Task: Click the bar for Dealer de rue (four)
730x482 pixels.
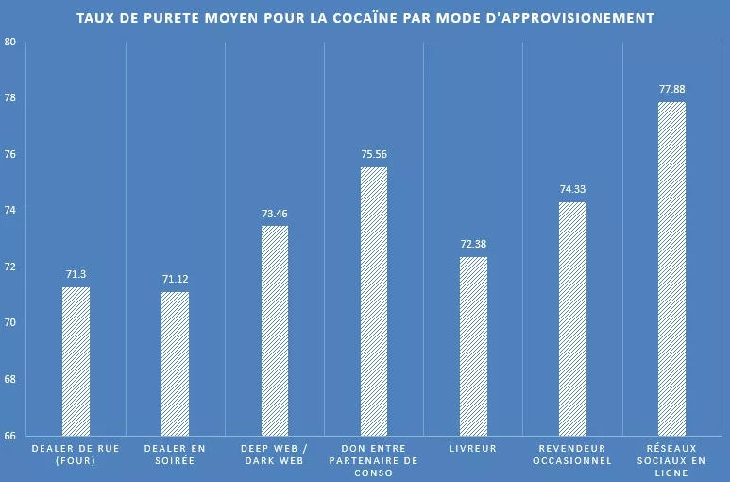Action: [x=76, y=361]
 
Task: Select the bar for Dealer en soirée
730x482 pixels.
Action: [x=175, y=364]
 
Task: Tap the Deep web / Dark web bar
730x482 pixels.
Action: [x=274, y=331]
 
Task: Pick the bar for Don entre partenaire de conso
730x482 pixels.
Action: [x=373, y=301]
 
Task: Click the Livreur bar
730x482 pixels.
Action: [x=473, y=346]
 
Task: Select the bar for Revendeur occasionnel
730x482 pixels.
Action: [x=572, y=318]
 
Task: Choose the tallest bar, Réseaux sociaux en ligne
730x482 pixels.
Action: [x=671, y=268]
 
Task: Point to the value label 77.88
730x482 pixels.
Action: [x=671, y=89]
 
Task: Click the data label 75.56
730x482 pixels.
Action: [x=373, y=154]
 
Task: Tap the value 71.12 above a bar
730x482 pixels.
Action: [x=175, y=279]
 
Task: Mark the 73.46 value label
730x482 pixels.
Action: [x=274, y=214]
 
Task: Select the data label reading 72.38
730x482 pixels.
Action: [x=473, y=244]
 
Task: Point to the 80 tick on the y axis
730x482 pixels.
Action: [x=10, y=43]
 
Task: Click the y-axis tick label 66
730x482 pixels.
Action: [x=10, y=436]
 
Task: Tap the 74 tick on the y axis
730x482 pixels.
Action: [x=10, y=211]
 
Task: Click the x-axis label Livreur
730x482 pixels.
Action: [x=473, y=449]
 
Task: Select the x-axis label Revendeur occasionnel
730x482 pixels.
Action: [x=572, y=455]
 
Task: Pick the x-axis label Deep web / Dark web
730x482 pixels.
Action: [x=274, y=455]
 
